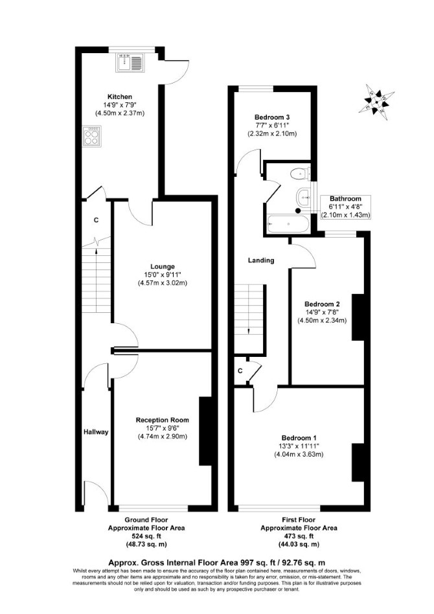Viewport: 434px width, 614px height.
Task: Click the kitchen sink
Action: click(x=130, y=63)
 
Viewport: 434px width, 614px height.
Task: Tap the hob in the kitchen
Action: click(x=92, y=136)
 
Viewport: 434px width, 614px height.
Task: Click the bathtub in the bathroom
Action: click(x=288, y=224)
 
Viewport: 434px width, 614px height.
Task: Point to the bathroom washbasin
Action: click(x=304, y=197)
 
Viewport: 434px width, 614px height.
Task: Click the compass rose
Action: click(x=376, y=102)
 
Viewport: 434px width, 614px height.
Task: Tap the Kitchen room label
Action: click(x=120, y=97)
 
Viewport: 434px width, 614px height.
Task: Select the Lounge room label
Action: click(x=163, y=267)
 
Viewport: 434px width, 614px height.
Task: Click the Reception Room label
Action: click(x=162, y=420)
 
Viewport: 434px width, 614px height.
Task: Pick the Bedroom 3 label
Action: click(x=272, y=117)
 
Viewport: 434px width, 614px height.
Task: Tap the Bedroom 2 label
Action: click(x=322, y=304)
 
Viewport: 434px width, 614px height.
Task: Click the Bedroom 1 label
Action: click(x=299, y=438)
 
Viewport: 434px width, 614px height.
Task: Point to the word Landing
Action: click(x=261, y=260)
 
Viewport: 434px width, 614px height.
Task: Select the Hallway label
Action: click(x=96, y=432)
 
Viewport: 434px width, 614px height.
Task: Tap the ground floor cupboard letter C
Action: click(x=96, y=220)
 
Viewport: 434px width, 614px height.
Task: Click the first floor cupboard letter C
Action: click(x=240, y=370)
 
